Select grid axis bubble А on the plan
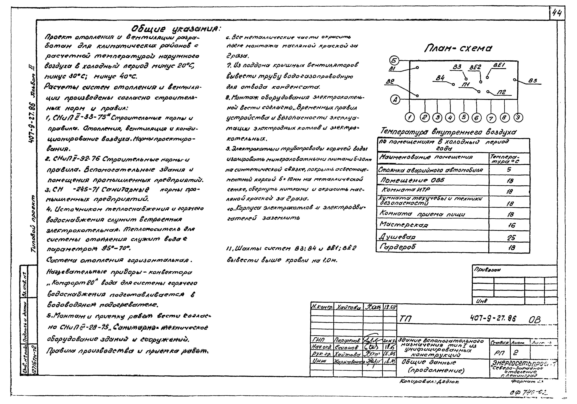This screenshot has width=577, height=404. click(395, 100)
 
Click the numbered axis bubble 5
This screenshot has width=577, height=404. click(464, 117)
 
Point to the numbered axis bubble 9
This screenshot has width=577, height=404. click(518, 117)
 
